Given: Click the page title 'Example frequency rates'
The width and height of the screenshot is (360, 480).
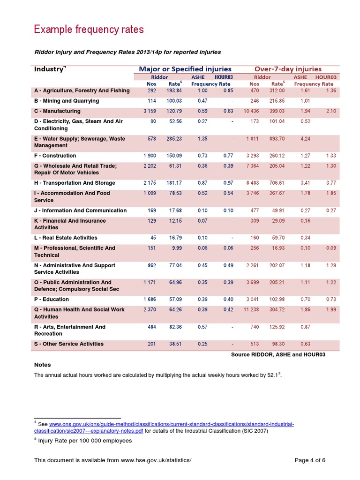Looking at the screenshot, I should coord(89,30).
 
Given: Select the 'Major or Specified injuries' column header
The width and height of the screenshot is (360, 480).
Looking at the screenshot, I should coord(185,69).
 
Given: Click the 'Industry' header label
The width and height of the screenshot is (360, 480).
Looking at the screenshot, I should coord(49,69).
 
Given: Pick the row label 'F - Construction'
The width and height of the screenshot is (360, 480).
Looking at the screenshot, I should coord(55,156).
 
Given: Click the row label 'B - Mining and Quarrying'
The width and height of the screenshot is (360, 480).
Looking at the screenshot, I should coord(67,101).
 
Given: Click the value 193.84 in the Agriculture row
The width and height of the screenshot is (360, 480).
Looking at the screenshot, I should coord(174,90).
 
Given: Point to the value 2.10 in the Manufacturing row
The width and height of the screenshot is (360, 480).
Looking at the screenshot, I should coord(330,111).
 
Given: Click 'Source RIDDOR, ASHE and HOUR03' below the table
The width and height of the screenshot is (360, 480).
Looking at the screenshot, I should coord(278,355).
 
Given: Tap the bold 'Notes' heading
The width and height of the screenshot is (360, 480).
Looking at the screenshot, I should coord(43,365).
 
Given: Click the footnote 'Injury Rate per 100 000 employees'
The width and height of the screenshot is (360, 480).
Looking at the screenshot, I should coord(85,441).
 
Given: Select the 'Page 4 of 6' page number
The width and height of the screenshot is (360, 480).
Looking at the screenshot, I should coord(310,460).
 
